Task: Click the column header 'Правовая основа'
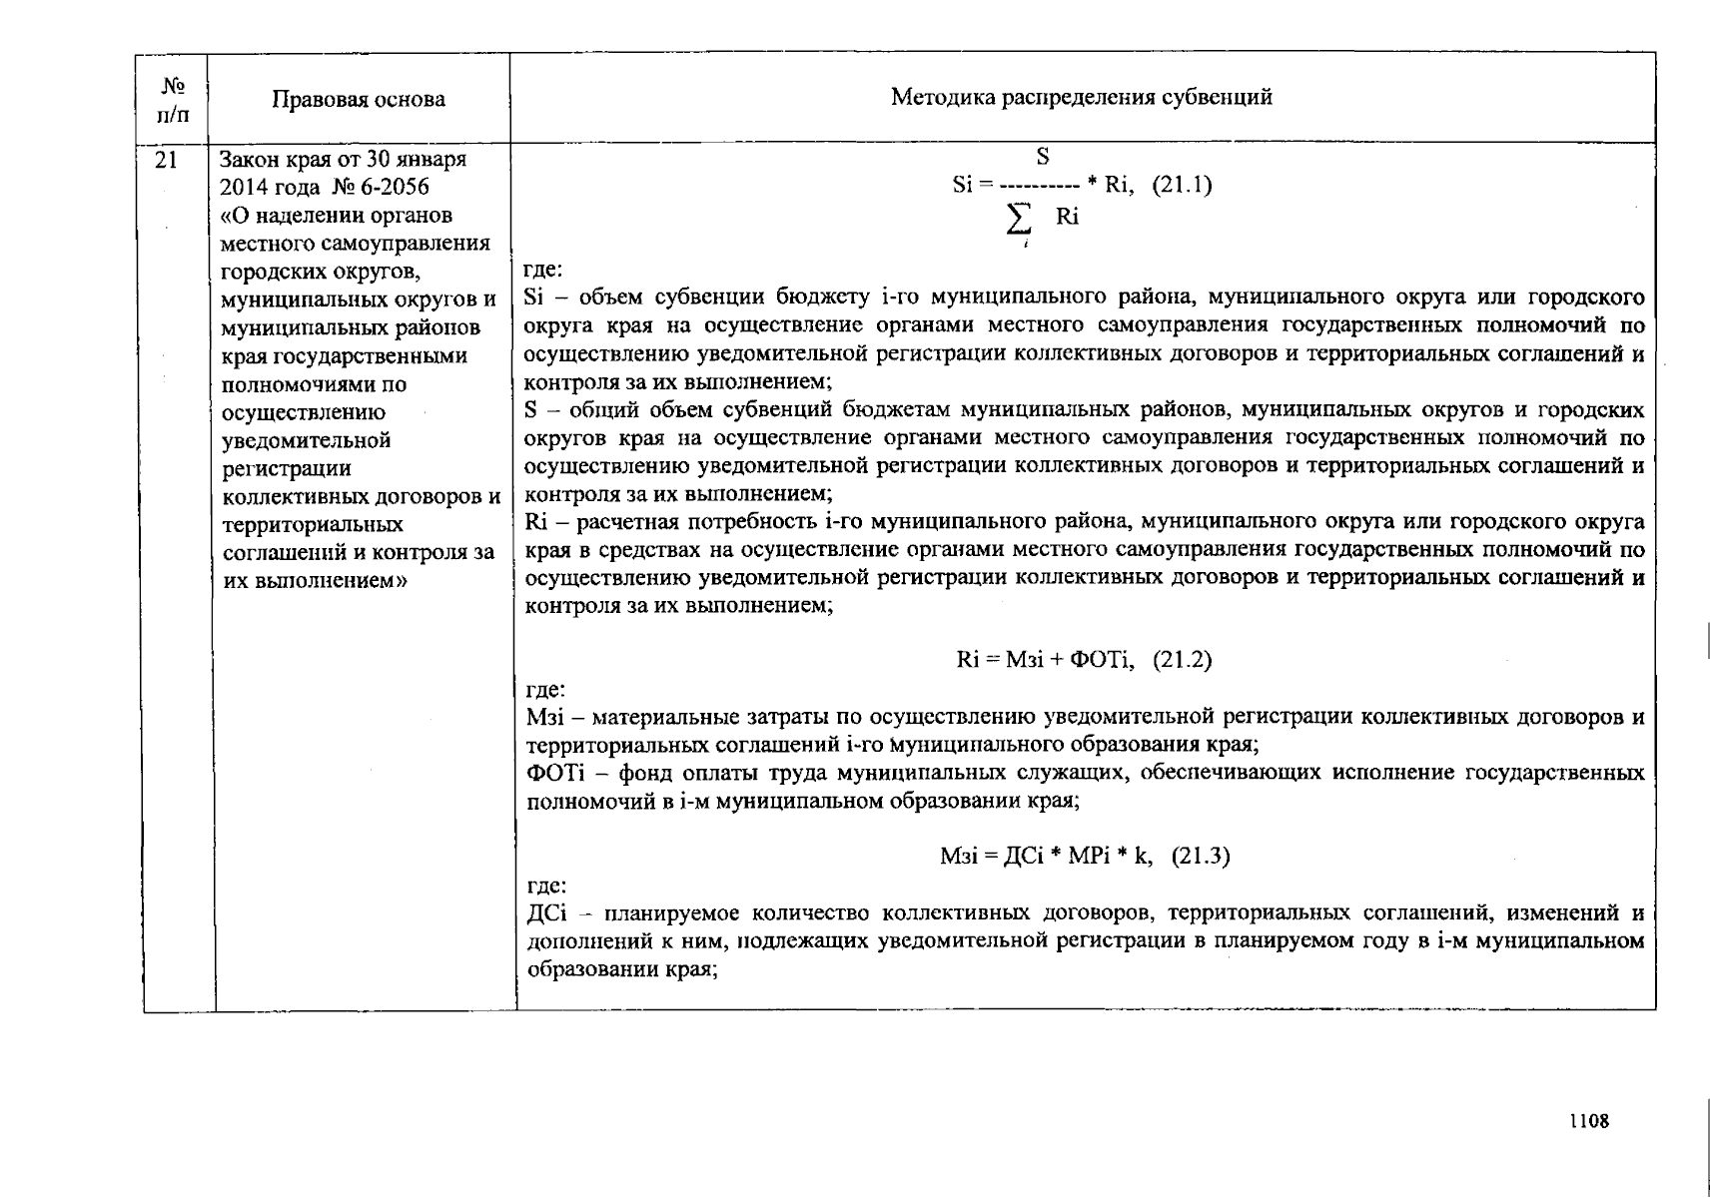[x=358, y=99]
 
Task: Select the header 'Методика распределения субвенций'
[x=1081, y=97]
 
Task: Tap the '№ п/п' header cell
[x=173, y=100]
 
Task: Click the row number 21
[x=166, y=158]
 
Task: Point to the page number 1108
[x=1588, y=1120]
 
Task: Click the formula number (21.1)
[x=1183, y=185]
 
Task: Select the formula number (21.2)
[x=1182, y=660]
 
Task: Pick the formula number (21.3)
[x=1200, y=856]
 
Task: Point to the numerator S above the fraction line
[x=1042, y=157]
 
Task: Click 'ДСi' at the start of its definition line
[x=545, y=912]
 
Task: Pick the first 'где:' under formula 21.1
[x=543, y=270]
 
